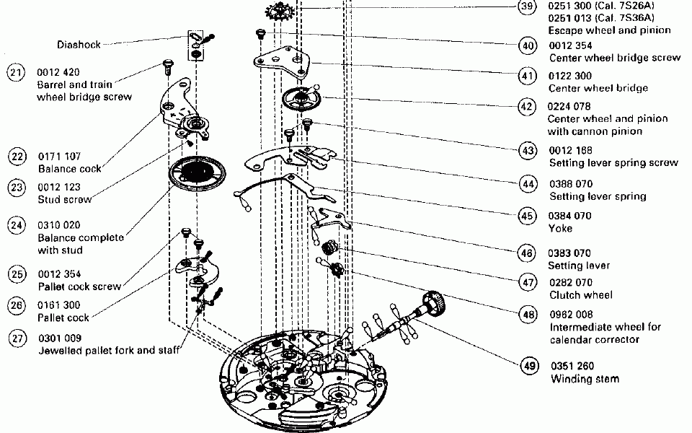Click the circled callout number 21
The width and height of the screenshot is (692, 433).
point(17,72)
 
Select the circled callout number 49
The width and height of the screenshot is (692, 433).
point(530,366)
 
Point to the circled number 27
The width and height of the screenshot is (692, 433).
point(17,338)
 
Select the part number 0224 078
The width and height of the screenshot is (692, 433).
point(570,106)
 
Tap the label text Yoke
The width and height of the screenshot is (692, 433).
point(561,228)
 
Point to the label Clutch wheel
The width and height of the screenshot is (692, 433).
point(581,294)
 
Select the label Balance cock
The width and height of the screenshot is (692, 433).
point(70,169)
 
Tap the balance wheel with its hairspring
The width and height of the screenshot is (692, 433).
point(197,174)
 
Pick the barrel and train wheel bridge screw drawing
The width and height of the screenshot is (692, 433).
point(167,67)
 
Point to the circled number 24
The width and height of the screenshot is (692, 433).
point(17,225)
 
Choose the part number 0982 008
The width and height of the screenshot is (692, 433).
point(572,314)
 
